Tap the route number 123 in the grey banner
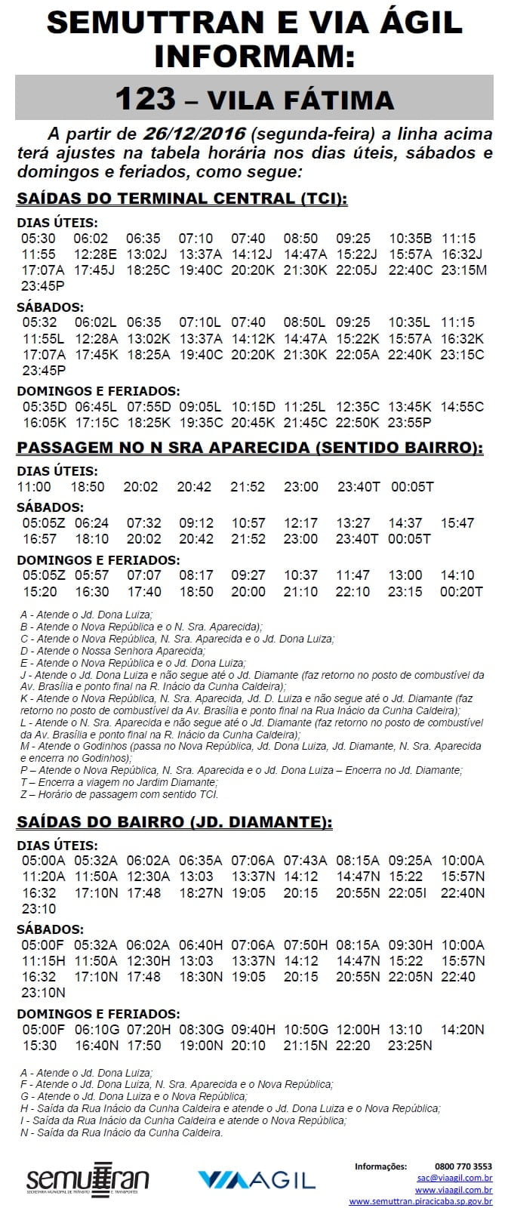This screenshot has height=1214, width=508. [x=145, y=99]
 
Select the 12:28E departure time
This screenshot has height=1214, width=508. [x=96, y=254]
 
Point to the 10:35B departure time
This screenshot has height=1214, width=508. [x=411, y=238]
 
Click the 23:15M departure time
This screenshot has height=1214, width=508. [x=463, y=270]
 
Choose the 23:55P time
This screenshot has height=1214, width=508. [x=410, y=422]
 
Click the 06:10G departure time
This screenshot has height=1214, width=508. [x=97, y=1029]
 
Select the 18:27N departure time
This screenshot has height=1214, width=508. [x=201, y=892]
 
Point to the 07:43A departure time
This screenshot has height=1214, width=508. [x=305, y=860]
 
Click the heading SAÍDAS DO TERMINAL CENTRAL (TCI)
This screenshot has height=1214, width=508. [x=182, y=199]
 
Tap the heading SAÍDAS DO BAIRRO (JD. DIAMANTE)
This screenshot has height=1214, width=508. [x=174, y=821]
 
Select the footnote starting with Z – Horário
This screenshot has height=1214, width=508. [x=119, y=794]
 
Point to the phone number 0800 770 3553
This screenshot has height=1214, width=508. [x=463, y=1166]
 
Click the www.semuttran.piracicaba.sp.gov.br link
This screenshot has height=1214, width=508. [x=420, y=1201]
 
